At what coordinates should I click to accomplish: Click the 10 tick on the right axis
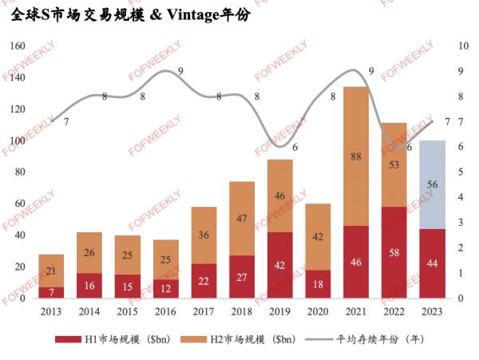point(464,46)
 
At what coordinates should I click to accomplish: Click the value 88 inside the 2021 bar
point(356,157)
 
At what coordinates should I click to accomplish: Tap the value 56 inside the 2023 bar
point(432,184)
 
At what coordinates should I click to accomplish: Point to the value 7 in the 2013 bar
point(51,293)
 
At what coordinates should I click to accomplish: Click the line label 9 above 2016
point(181,71)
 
